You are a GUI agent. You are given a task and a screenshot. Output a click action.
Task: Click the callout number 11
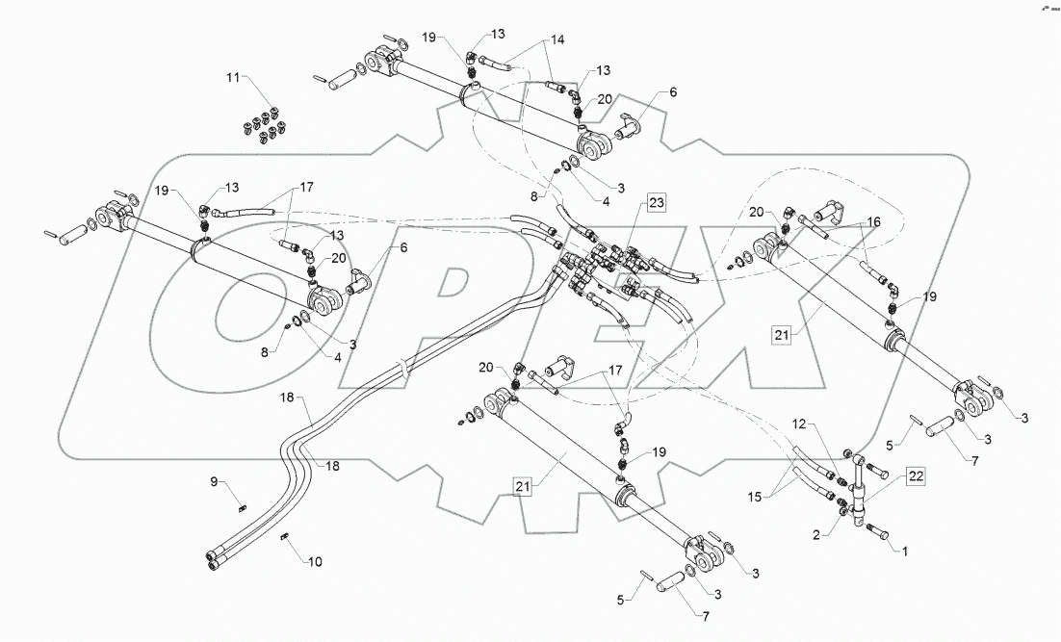coord(234,76)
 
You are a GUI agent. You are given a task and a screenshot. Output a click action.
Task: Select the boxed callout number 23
coord(656,203)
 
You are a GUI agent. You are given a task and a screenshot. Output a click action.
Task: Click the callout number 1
coord(904,550)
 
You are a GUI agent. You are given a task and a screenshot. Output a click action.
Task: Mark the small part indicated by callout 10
coord(286,537)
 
